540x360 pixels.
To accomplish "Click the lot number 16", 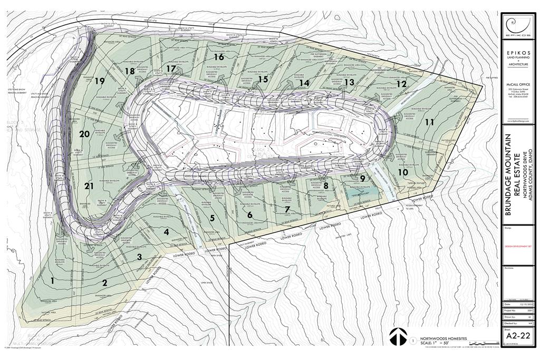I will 219,56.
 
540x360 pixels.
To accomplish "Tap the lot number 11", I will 430,122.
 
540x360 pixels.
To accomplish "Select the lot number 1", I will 52,280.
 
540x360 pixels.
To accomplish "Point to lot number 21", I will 89,186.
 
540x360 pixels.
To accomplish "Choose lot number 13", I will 349,82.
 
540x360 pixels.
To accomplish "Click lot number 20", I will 84,134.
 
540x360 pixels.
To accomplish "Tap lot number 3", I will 139,257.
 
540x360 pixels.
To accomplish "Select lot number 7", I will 287,209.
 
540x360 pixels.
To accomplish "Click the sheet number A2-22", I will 517,336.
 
